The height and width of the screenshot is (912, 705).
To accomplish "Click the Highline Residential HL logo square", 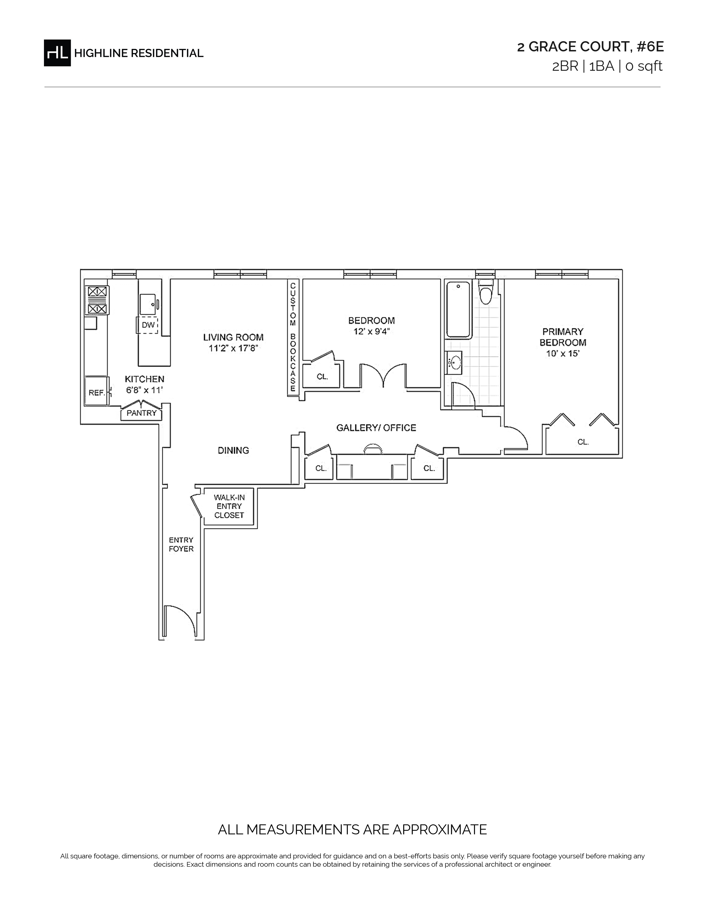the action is click(x=57, y=53).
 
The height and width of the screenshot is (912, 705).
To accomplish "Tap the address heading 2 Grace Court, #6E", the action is click(x=590, y=47).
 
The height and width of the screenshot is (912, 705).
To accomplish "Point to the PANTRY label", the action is click(x=142, y=413).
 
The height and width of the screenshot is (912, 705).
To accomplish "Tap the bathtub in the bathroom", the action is click(x=459, y=310).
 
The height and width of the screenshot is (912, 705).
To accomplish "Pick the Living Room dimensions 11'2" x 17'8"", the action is click(x=233, y=348).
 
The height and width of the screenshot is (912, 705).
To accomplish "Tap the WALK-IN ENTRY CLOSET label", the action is click(x=229, y=506).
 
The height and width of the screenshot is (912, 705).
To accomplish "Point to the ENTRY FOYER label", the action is click(x=181, y=544).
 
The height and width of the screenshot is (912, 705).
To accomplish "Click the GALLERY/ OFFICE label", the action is click(x=376, y=428).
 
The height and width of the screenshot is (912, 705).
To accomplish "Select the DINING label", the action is click(x=233, y=450).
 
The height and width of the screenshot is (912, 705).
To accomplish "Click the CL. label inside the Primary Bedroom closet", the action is click(x=583, y=442).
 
